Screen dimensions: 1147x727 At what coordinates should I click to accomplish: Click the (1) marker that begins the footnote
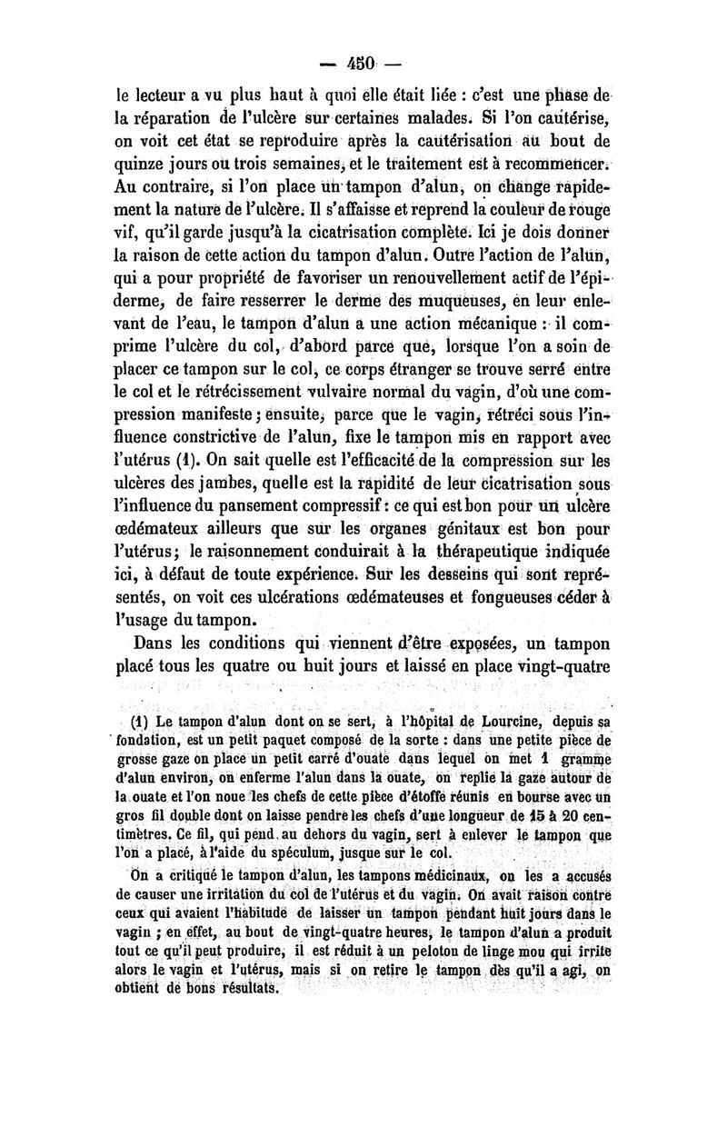(x=146, y=723)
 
